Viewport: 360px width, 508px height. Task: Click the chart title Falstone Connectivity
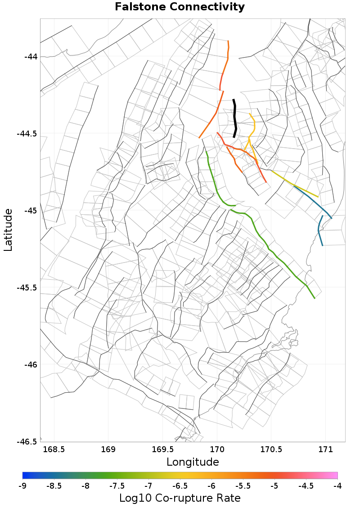[x=180, y=7]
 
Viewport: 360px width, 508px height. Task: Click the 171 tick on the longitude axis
[x=325, y=449]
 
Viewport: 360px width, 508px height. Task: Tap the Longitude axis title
[x=193, y=462]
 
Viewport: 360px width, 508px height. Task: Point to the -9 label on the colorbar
[x=22, y=486]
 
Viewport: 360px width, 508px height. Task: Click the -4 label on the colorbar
[x=337, y=486]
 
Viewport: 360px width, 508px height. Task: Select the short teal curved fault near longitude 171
[x=319, y=230]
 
